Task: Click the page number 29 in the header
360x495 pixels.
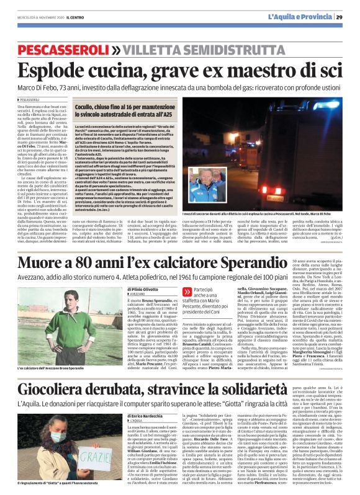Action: pos(348,17)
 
